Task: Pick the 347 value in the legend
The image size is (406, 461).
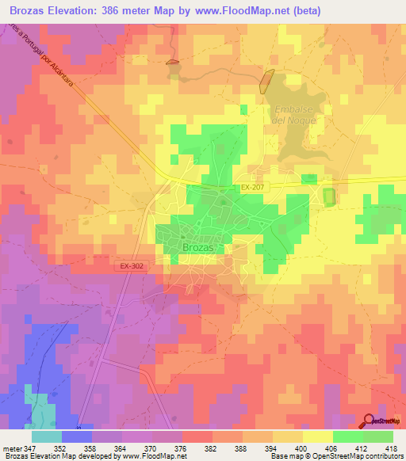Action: tap(30, 449)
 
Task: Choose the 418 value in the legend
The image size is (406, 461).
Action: tap(392, 449)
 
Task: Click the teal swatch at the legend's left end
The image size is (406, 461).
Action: tap(47, 436)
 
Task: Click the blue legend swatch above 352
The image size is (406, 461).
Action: tap(77, 436)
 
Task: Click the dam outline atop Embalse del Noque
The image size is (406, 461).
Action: tap(267, 82)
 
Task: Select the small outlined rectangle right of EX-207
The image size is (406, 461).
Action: tap(328, 196)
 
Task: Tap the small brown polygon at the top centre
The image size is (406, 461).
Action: tap(172, 62)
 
